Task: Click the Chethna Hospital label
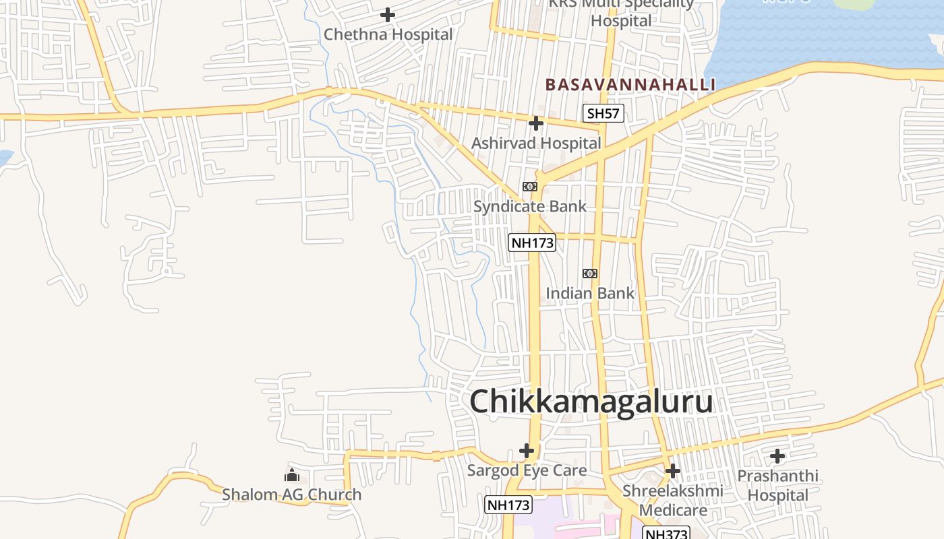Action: [x=388, y=34]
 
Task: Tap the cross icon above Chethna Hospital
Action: [x=388, y=14]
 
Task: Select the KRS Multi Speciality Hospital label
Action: [x=621, y=11]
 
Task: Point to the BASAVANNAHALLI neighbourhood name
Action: [x=630, y=85]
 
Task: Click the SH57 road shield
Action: [x=603, y=113]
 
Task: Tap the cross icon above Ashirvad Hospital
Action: [x=536, y=123]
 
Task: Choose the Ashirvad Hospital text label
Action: [x=536, y=144]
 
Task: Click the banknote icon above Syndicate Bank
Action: [x=530, y=187]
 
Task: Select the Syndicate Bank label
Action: [x=530, y=206]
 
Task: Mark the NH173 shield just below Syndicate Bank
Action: [x=532, y=243]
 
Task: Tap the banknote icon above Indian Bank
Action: [x=590, y=274]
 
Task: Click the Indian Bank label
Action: [x=590, y=293]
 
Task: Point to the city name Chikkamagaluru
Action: [x=591, y=402]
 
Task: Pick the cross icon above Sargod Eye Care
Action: [x=527, y=450]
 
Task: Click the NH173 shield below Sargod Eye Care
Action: [x=508, y=504]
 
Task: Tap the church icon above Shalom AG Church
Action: [x=292, y=475]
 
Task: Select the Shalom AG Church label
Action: [x=292, y=495]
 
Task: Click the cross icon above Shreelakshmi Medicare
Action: [x=672, y=470]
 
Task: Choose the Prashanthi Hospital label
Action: [x=777, y=486]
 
